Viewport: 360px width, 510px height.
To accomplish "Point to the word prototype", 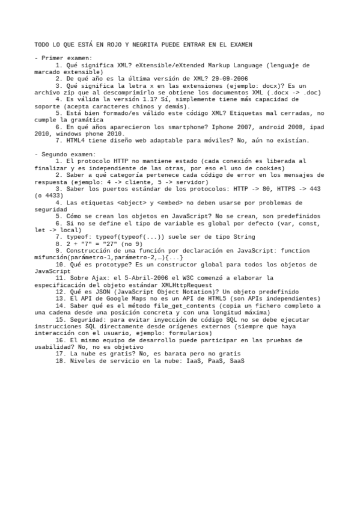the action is click(110, 265).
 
